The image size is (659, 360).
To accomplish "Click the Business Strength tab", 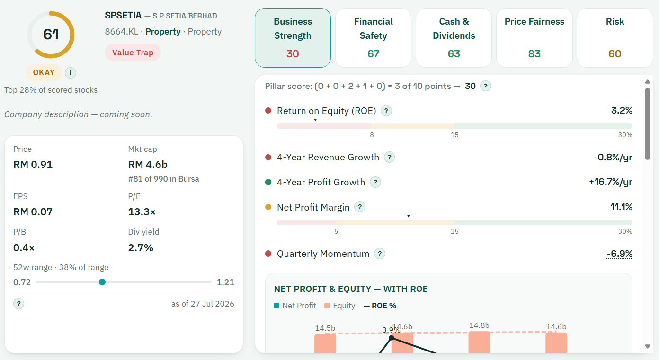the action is click(293, 38).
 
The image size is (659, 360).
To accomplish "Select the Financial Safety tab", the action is click(373, 38).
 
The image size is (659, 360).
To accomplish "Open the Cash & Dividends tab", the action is click(454, 38).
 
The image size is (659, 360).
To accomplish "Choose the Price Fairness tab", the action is click(534, 38).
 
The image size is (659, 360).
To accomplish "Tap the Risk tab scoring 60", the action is click(615, 38).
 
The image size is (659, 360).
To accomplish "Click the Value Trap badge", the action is click(133, 53).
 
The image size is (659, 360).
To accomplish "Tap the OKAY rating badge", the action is click(44, 72).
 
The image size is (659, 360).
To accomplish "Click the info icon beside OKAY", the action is click(71, 73).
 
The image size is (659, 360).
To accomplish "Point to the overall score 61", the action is click(51, 35).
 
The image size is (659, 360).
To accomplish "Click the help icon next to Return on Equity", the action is click(386, 111).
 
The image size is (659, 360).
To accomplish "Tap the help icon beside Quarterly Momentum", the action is click(380, 254).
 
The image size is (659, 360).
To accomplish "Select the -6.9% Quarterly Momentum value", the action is click(619, 254).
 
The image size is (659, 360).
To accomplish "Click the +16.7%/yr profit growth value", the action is click(610, 182).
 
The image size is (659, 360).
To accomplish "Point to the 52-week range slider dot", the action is click(102, 282).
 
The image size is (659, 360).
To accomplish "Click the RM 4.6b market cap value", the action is click(148, 165).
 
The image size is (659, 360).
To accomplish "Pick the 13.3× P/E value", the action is click(142, 212).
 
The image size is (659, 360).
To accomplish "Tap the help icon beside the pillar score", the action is click(486, 86).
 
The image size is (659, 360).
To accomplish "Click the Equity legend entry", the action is click(339, 306).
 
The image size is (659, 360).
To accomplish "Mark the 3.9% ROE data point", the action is click(392, 338).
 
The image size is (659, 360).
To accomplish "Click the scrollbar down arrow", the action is click(648, 346).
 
